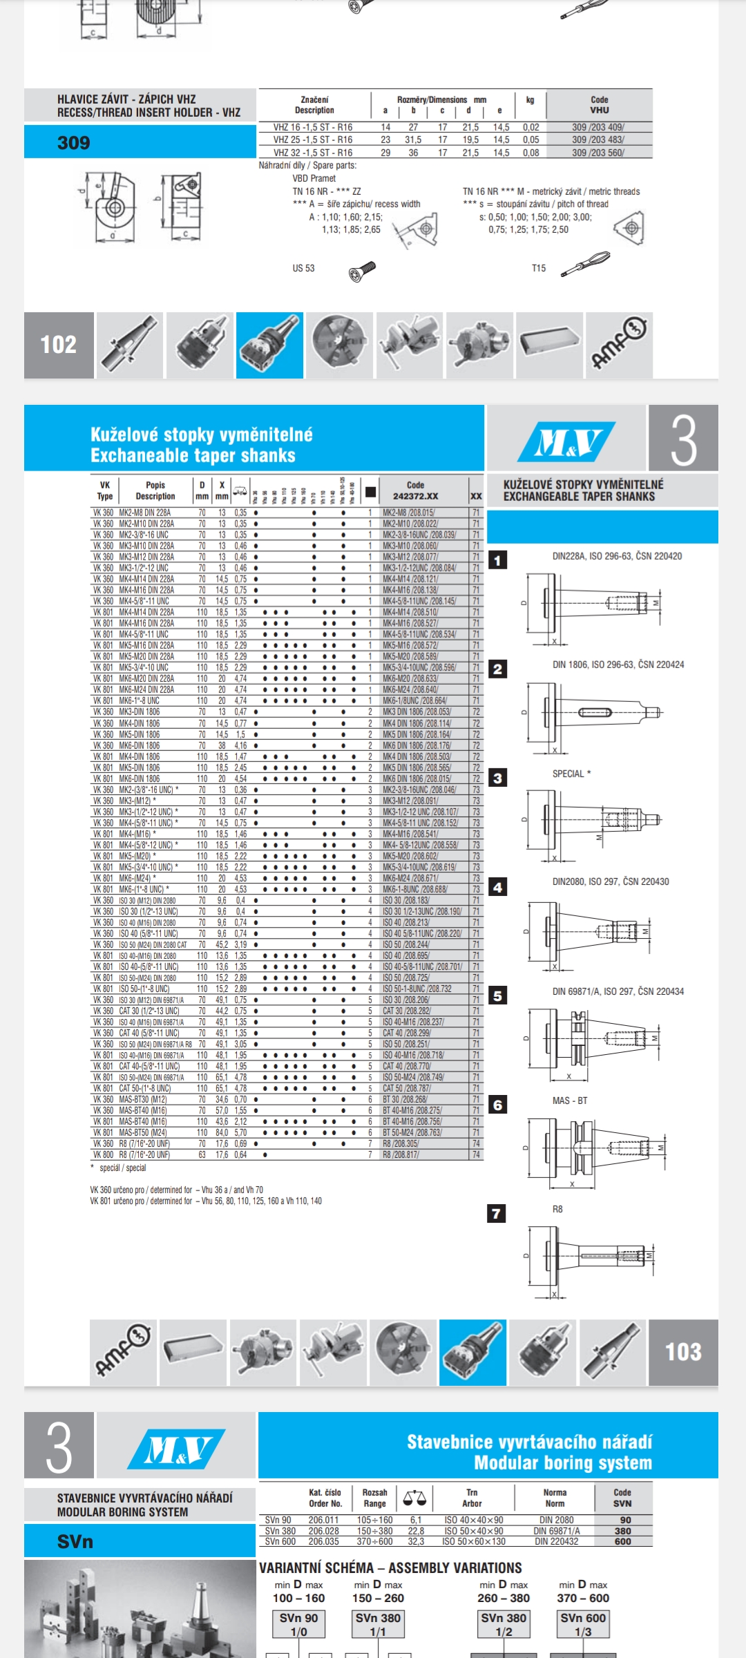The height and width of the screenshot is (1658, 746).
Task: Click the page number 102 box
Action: tap(59, 345)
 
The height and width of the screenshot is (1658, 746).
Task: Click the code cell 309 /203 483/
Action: tap(598, 140)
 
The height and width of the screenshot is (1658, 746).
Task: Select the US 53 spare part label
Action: tap(303, 268)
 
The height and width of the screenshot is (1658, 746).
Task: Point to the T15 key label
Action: tap(539, 268)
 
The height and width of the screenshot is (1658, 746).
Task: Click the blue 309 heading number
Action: tap(74, 143)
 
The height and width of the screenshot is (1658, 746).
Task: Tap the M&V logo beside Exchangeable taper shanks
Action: tap(566, 443)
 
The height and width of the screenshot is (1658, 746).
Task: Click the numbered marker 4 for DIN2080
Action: tap(497, 887)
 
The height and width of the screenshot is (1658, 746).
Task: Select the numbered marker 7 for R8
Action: tap(497, 1214)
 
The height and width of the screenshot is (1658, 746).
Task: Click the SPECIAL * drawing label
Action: tap(571, 774)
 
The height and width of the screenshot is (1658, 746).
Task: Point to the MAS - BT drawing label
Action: tap(570, 1100)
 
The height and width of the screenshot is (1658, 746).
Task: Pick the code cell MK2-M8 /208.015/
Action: tap(409, 513)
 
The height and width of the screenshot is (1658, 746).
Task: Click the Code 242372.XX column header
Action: tap(415, 490)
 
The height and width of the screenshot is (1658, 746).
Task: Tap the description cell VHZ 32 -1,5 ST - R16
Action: tap(313, 153)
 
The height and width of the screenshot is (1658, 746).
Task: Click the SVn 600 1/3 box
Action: tap(583, 1624)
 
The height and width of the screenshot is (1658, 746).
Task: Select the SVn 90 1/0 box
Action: tap(298, 1624)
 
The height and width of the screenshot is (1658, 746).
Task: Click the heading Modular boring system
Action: tap(562, 1462)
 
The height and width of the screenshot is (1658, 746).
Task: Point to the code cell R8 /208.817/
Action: tap(401, 1154)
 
